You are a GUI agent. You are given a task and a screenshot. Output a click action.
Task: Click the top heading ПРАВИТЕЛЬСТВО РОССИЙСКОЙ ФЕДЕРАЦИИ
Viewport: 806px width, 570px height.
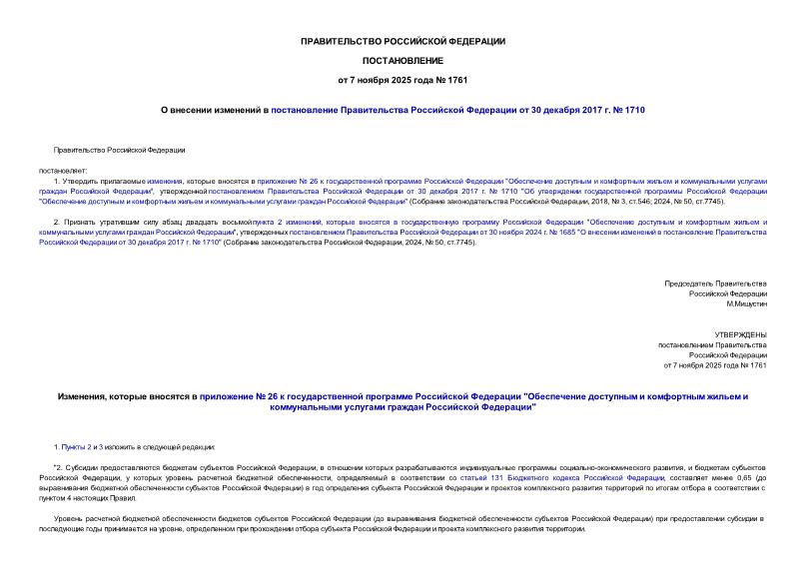tap(403, 41)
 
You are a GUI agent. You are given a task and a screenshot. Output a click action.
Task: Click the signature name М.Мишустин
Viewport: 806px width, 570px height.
tap(745, 305)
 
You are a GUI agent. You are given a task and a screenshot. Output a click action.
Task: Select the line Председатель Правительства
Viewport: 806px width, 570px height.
tap(716, 284)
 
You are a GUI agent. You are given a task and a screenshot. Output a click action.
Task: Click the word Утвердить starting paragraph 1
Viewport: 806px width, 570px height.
tap(85, 181)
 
